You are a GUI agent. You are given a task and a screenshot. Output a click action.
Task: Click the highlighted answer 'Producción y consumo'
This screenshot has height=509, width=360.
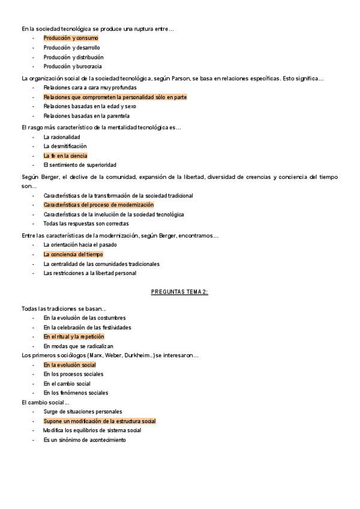71,38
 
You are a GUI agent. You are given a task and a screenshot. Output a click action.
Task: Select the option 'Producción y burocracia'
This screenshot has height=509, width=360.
73,67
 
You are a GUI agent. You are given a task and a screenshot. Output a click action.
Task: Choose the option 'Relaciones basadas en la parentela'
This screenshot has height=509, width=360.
86,116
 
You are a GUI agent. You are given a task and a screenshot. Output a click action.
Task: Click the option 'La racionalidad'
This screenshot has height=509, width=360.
62,137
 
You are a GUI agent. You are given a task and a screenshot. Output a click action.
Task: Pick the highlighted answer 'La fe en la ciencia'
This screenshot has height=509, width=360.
65,155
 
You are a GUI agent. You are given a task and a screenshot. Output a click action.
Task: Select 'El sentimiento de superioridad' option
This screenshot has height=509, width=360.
80,165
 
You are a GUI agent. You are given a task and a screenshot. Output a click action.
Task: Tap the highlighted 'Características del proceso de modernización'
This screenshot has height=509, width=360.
98,205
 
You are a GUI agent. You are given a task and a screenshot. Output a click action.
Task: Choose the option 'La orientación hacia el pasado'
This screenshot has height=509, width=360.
80,244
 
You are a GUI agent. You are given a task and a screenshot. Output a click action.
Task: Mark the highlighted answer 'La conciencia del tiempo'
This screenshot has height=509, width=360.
73,254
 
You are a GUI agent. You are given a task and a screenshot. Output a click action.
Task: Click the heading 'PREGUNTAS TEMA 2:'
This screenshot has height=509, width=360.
179,292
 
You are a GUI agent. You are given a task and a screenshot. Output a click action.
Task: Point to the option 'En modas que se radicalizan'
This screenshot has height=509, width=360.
79,346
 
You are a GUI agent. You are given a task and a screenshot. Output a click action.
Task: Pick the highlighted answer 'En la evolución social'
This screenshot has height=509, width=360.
70,364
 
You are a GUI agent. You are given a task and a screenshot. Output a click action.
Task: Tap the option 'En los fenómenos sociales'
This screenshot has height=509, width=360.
76,393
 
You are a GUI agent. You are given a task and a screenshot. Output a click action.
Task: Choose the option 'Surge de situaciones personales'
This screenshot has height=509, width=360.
83,412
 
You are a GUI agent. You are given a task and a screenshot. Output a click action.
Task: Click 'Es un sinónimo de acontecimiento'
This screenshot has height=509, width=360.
85,441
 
